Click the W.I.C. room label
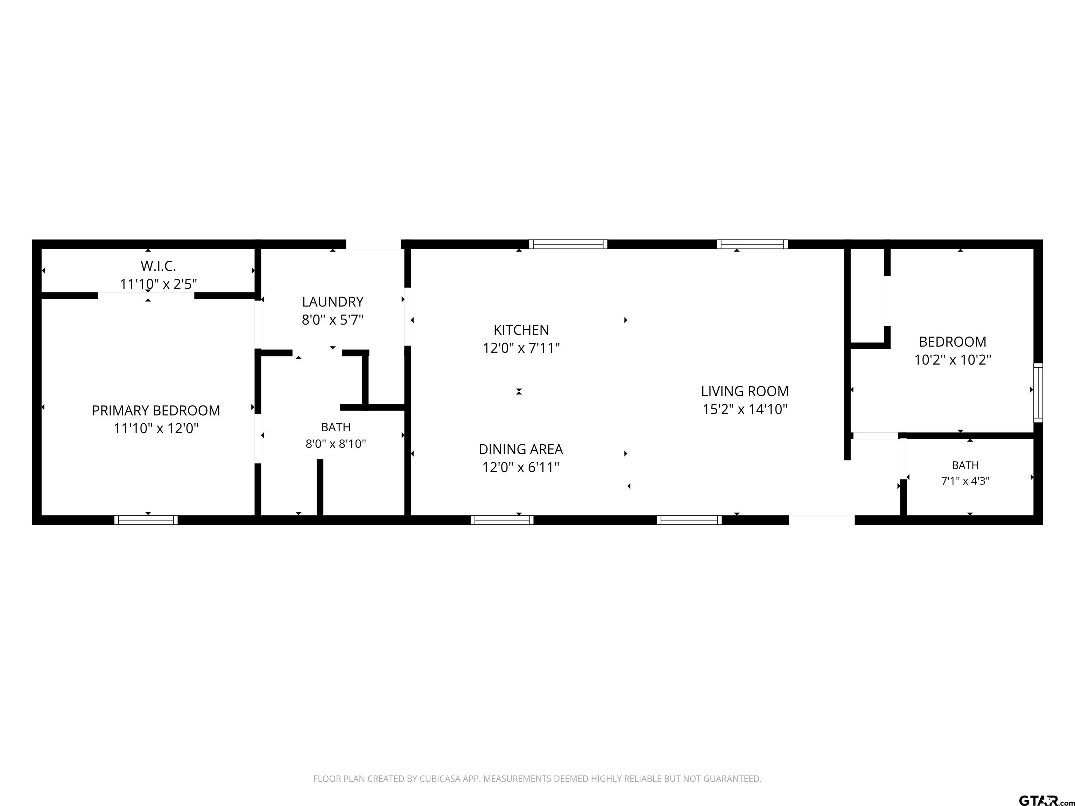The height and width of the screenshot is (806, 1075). [x=159, y=266]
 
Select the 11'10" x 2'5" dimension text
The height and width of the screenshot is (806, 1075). [x=159, y=284]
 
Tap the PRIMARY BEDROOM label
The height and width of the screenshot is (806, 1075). [x=156, y=411]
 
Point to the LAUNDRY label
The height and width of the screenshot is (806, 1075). [x=333, y=302]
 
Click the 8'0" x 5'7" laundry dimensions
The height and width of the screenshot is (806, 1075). [x=333, y=320]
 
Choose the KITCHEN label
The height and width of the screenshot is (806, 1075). [x=521, y=330]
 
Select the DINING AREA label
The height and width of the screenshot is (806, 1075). [x=521, y=449]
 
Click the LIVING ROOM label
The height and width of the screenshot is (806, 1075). [x=745, y=391]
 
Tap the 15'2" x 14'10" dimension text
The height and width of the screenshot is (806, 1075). [x=745, y=409]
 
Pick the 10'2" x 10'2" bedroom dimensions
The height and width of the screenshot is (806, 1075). [x=953, y=360]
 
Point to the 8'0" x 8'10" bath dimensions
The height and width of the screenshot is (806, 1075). [x=336, y=444]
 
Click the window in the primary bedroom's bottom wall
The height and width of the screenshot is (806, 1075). [x=146, y=520]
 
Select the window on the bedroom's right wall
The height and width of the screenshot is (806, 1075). [x=1038, y=393]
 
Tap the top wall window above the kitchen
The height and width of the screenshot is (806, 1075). [x=568, y=245]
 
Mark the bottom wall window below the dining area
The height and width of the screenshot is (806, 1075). [x=502, y=520]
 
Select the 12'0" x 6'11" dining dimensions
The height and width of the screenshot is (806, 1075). [x=521, y=467]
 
